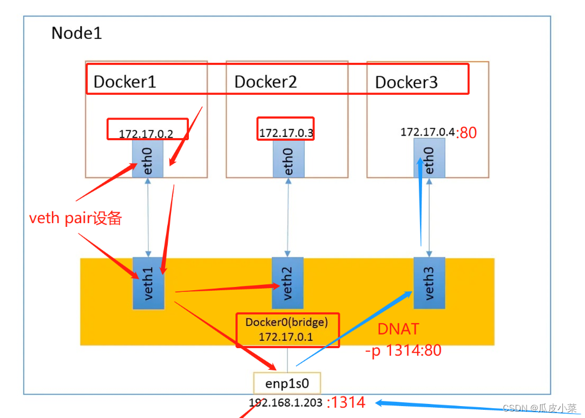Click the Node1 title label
pos(76,34)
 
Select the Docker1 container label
pos(125,82)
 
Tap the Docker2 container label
pos(265,82)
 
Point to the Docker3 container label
pos(406,82)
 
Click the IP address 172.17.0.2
pos(146,134)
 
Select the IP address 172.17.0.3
pos(286,133)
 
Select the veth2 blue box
pos(288,283)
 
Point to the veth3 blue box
pos(429,282)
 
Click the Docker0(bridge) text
pos(286,323)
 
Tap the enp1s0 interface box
pos(287,383)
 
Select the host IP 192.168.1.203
pos(286,403)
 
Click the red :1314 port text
pos(346,403)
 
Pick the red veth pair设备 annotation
pos(75,218)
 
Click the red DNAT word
pos(399,330)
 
